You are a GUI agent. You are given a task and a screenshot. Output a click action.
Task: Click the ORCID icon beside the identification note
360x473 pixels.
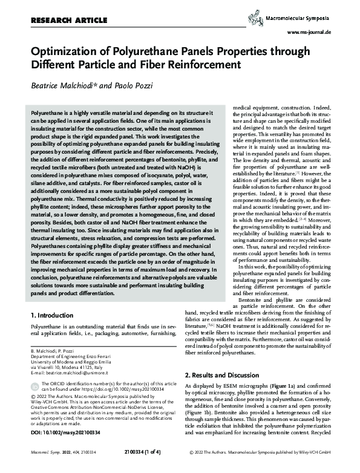point(34,385)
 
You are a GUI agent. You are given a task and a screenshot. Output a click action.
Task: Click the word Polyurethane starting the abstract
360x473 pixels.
point(49,113)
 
